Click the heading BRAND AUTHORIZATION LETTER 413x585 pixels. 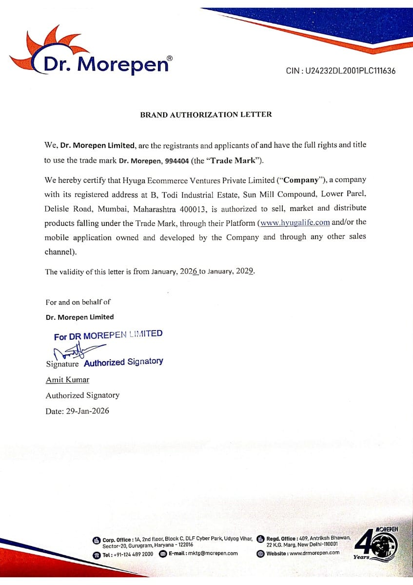pos(206,115)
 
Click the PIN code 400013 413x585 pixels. pos(194,208)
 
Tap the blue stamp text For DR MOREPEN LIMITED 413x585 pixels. pos(108,335)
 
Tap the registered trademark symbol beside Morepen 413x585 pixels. pos(170,58)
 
